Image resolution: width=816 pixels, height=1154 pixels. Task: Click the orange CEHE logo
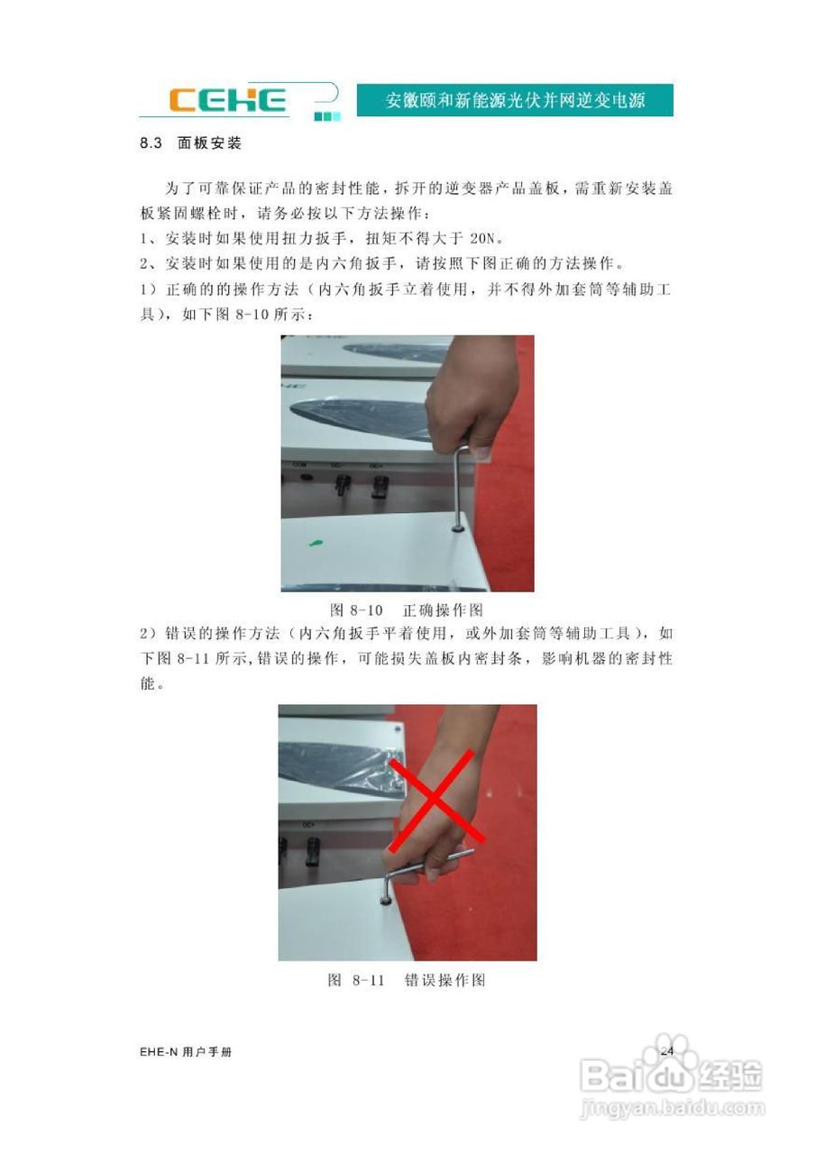[229, 99]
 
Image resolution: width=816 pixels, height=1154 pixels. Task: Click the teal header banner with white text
[515, 99]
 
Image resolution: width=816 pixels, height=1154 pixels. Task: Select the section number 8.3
[150, 143]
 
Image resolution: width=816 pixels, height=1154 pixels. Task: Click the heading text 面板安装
[209, 143]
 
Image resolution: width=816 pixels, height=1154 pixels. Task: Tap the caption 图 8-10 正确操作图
[408, 609]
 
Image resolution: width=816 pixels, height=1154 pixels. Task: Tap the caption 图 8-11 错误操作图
[408, 979]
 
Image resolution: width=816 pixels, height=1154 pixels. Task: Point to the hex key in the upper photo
[462, 487]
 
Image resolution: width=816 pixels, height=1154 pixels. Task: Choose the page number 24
[668, 1051]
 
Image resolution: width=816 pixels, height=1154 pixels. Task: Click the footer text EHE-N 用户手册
[186, 1052]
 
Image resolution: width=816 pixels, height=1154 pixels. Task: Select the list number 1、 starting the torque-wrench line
[149, 239]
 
